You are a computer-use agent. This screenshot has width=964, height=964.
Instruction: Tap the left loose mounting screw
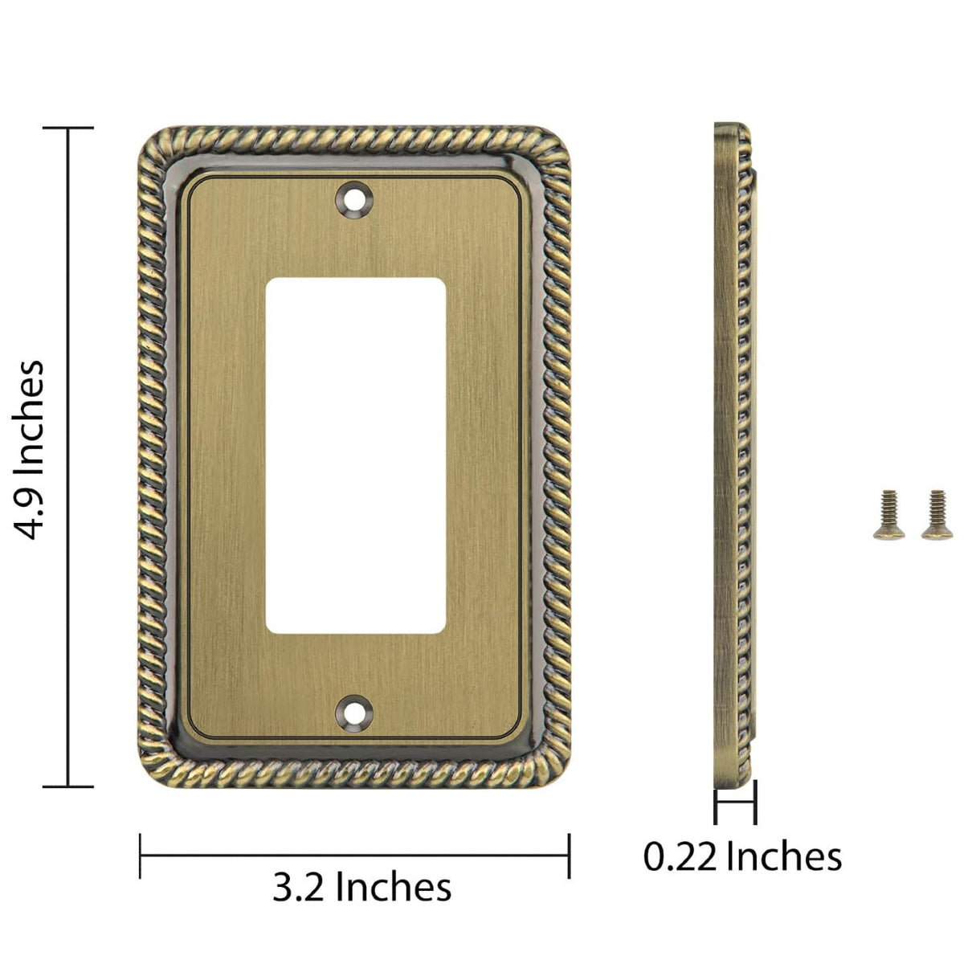pyautogui.click(x=887, y=514)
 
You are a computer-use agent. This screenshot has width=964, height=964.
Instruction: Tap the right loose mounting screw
pyautogui.click(x=933, y=514)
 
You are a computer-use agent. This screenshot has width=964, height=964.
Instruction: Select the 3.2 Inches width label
pyautogui.click(x=361, y=888)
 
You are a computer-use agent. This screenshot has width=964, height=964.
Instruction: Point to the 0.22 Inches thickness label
pyautogui.click(x=742, y=856)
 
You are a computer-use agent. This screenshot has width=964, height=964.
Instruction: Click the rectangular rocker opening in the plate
pyautogui.click(x=354, y=455)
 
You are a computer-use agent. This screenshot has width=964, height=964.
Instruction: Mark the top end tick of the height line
pyautogui.click(x=68, y=128)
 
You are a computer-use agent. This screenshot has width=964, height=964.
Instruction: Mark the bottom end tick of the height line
pyautogui.click(x=68, y=786)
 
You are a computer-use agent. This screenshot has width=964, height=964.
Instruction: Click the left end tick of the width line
pyautogui.click(x=141, y=855)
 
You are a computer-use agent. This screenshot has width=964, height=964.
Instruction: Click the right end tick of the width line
pyautogui.click(x=569, y=855)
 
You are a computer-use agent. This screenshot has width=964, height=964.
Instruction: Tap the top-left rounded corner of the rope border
pyautogui.click(x=157, y=145)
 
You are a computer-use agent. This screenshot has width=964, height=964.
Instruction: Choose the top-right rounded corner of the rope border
pyautogui.click(x=553, y=145)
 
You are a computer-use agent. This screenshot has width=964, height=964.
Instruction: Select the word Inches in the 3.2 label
pyautogui.click(x=393, y=888)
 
